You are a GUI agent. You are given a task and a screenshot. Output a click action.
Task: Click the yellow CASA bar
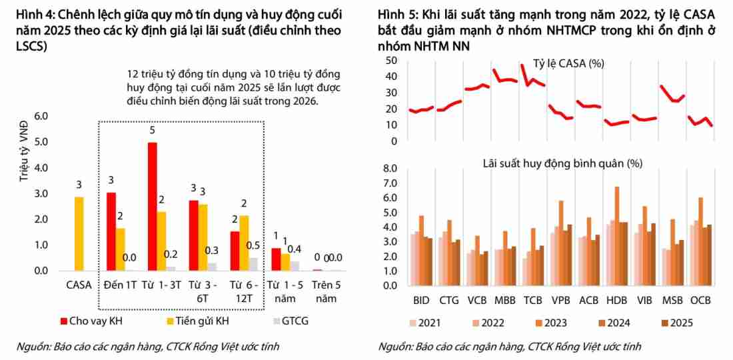coord(79,233)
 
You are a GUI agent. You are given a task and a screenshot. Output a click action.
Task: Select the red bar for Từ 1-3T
coord(153,207)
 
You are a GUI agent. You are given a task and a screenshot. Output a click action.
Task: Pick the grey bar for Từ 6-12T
coord(253,264)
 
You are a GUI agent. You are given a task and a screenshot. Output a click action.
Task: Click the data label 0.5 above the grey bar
coord(254,245)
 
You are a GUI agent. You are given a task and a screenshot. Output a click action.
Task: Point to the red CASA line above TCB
coord(532,79)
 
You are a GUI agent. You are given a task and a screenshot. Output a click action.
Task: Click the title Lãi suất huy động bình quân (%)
coord(562,163)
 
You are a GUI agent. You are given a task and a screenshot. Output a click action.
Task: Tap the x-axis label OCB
coord(702,300)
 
